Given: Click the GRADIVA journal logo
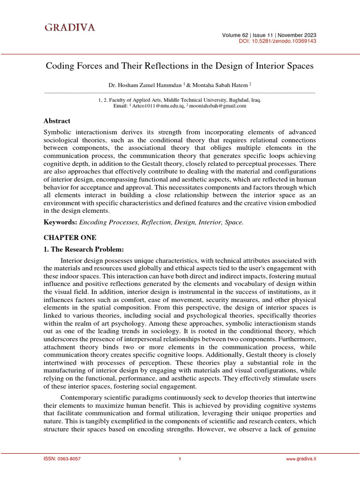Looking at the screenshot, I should click(70, 28).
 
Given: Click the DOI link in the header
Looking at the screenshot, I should click(277, 41).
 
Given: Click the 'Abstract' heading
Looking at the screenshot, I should click(57, 121).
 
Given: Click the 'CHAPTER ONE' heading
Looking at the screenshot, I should click(63, 238).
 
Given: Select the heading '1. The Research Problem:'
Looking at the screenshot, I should click(83, 249).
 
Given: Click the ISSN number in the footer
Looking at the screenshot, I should click(61, 459).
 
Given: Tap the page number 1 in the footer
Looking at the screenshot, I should click(180, 459).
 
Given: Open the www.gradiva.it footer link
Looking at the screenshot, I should click(301, 459).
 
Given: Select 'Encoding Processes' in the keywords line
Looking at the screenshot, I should click(105, 222).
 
